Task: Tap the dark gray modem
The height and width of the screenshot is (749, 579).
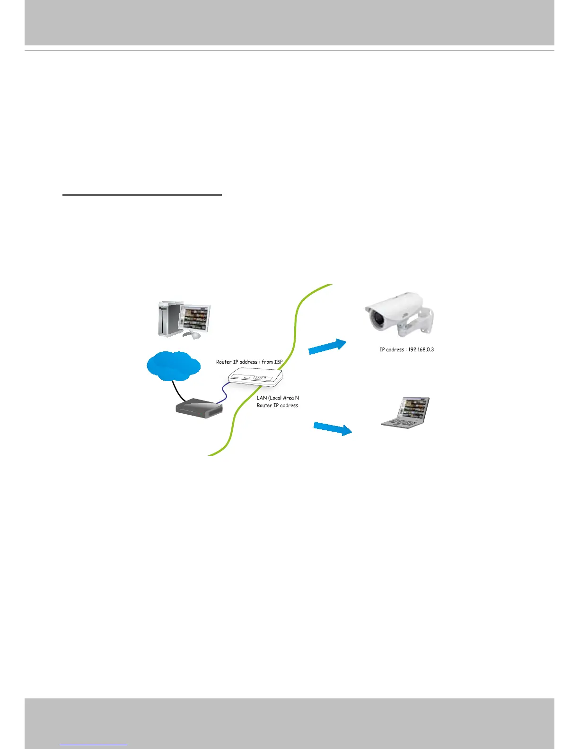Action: pyautogui.click(x=199, y=409)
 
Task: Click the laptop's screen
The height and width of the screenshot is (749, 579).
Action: pyautogui.click(x=414, y=408)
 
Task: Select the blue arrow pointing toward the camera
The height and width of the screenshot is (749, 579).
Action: pyautogui.click(x=327, y=346)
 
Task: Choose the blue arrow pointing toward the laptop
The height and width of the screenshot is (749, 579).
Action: pyautogui.click(x=333, y=428)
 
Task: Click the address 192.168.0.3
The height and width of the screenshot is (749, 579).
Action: pyautogui.click(x=421, y=350)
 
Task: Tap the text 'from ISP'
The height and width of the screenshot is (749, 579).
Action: pyautogui.click(x=272, y=362)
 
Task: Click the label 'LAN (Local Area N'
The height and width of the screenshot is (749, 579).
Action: pyautogui.click(x=278, y=398)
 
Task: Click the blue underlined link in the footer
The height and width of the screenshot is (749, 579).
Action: pyautogui.click(x=94, y=744)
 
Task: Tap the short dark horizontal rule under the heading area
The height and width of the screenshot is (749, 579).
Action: pyautogui.click(x=142, y=194)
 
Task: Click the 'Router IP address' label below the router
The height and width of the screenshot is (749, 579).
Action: pyautogui.click(x=277, y=406)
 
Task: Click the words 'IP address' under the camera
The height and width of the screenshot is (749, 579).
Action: pyautogui.click(x=392, y=350)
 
